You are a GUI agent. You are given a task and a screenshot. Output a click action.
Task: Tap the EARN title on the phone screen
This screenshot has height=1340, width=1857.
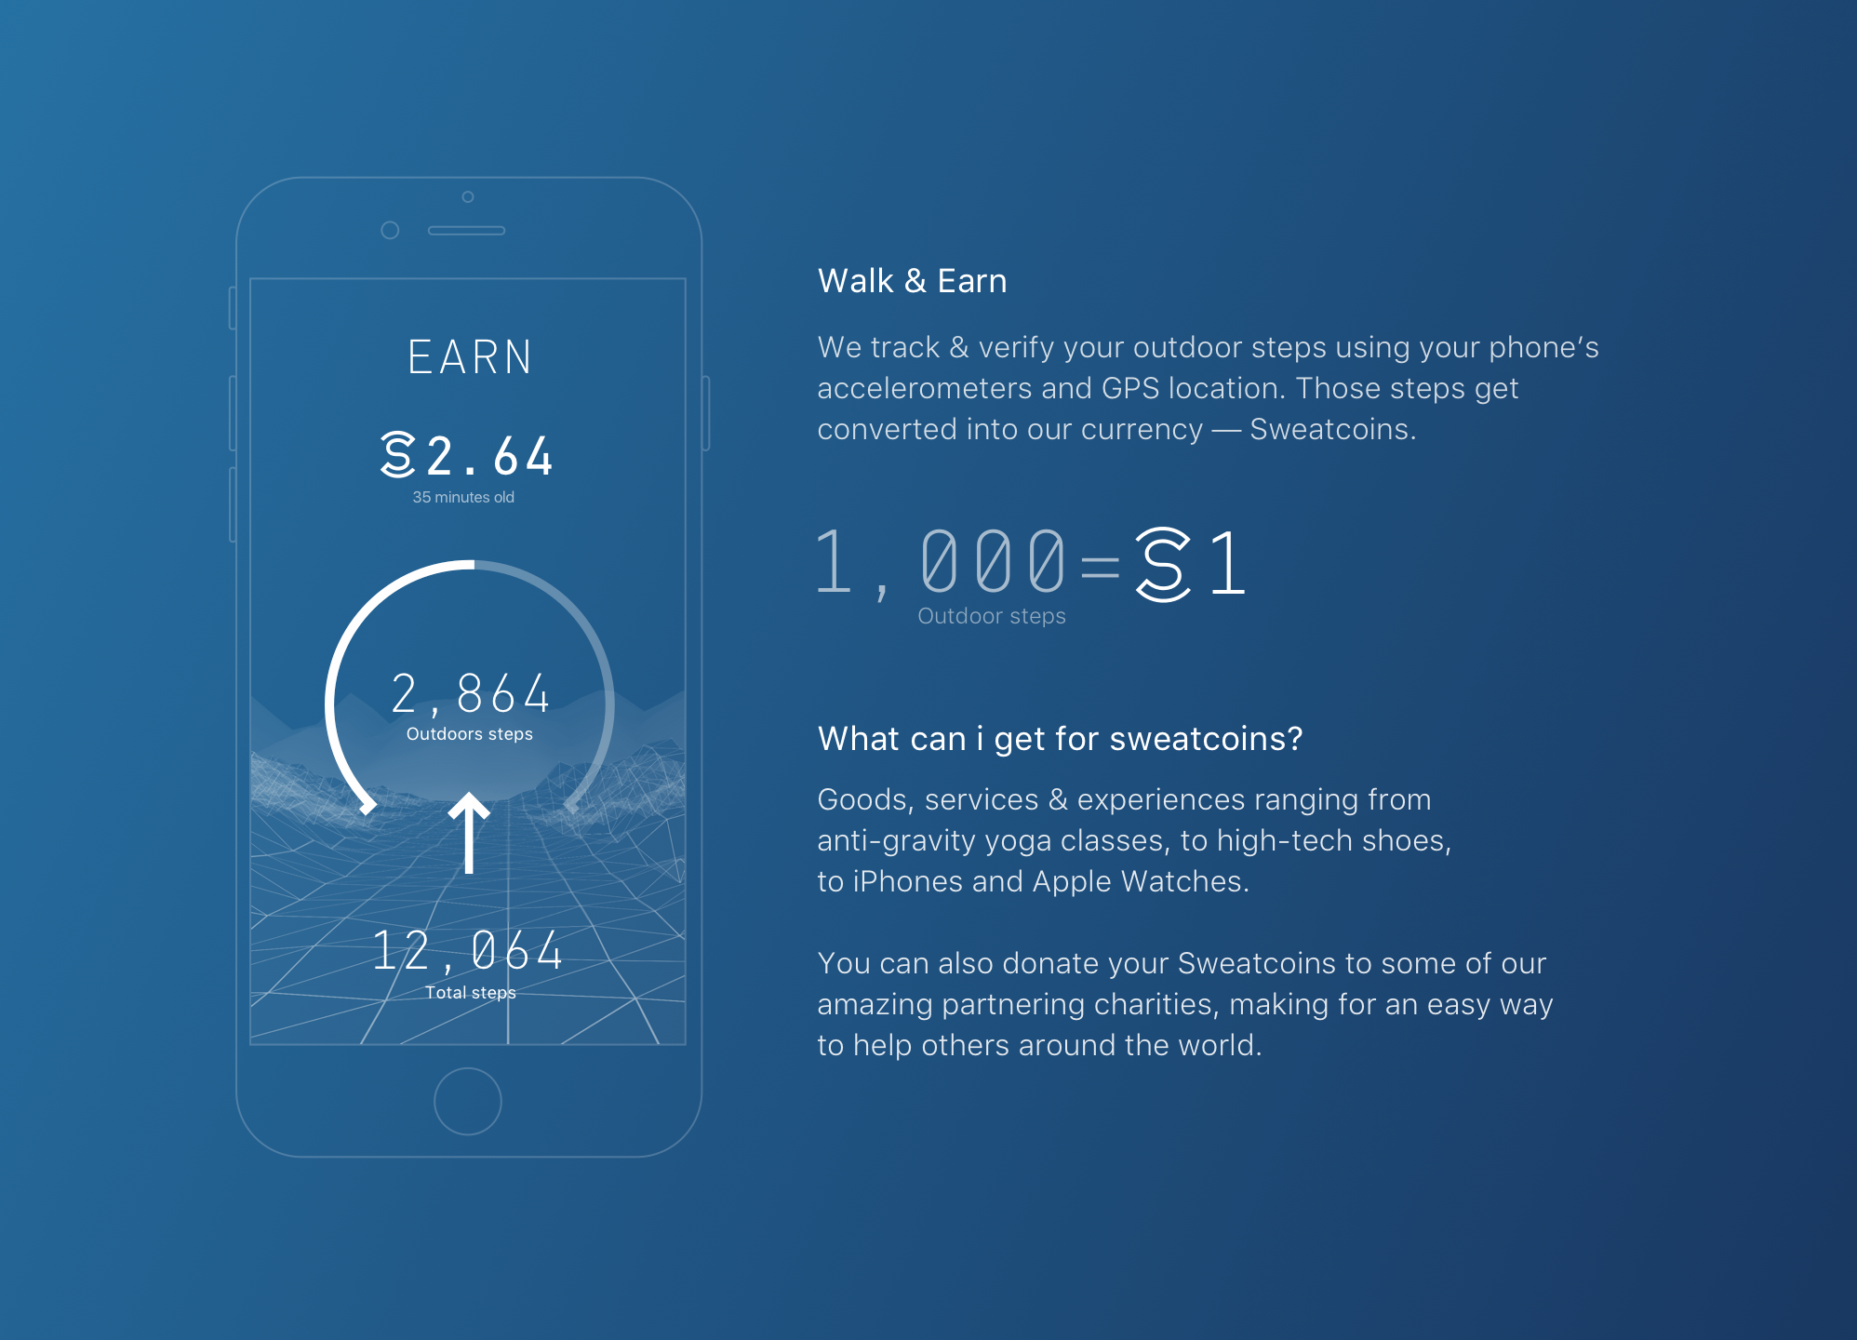click(470, 358)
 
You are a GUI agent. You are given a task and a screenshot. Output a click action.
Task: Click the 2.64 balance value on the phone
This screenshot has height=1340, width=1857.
click(489, 457)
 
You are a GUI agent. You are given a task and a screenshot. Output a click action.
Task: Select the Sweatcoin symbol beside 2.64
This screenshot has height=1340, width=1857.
click(398, 455)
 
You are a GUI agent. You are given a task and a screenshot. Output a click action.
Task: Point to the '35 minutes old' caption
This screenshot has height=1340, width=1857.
click(463, 498)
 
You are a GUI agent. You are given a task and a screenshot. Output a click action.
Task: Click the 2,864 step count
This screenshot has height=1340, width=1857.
click(471, 694)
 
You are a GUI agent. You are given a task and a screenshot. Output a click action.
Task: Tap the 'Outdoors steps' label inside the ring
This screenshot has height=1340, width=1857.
click(470, 734)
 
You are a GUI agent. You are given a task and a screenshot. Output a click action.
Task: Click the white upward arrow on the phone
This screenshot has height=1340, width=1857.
click(469, 832)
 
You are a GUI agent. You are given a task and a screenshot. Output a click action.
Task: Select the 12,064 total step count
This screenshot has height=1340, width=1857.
click(468, 951)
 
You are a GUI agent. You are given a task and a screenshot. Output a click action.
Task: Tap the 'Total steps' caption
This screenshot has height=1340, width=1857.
click(470, 993)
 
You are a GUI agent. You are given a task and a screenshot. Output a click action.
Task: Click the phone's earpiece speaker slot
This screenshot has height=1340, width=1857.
click(466, 231)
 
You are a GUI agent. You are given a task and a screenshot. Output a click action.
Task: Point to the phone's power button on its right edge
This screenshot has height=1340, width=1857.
click(706, 413)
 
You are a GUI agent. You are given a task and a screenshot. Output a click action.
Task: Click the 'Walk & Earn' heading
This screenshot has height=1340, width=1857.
click(912, 281)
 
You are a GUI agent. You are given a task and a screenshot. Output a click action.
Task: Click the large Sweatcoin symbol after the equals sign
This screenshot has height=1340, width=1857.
click(1163, 564)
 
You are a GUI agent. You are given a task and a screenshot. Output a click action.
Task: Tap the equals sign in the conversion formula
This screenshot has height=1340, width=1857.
click(1100, 565)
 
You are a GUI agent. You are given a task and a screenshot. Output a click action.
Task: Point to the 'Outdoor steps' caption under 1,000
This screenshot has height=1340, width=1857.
click(992, 616)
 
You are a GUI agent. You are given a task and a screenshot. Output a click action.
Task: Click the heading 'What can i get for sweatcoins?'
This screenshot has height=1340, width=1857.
click(1060, 739)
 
